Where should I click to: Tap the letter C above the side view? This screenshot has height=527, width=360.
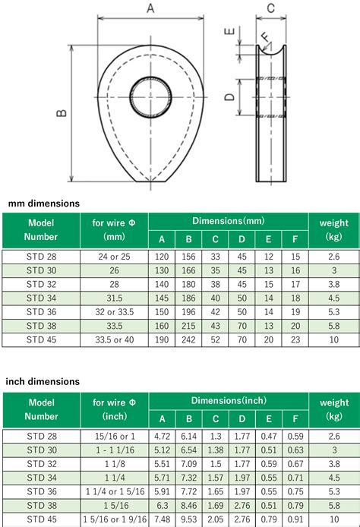[x=271, y=9]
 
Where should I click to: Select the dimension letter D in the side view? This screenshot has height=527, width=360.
[x=229, y=96]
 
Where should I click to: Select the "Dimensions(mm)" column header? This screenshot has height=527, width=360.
[x=228, y=221]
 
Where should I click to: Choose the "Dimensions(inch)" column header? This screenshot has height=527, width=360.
[x=228, y=399]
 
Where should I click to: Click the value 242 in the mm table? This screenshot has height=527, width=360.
[x=188, y=338]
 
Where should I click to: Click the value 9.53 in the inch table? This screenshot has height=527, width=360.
[x=188, y=517]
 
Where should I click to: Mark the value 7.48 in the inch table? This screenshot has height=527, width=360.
[x=162, y=517]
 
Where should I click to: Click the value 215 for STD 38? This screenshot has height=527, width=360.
[x=188, y=324]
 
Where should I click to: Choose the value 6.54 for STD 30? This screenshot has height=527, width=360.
[x=188, y=449]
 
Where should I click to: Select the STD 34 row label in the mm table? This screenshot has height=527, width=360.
[x=41, y=297]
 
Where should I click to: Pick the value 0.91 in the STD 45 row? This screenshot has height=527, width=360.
[x=294, y=517]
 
